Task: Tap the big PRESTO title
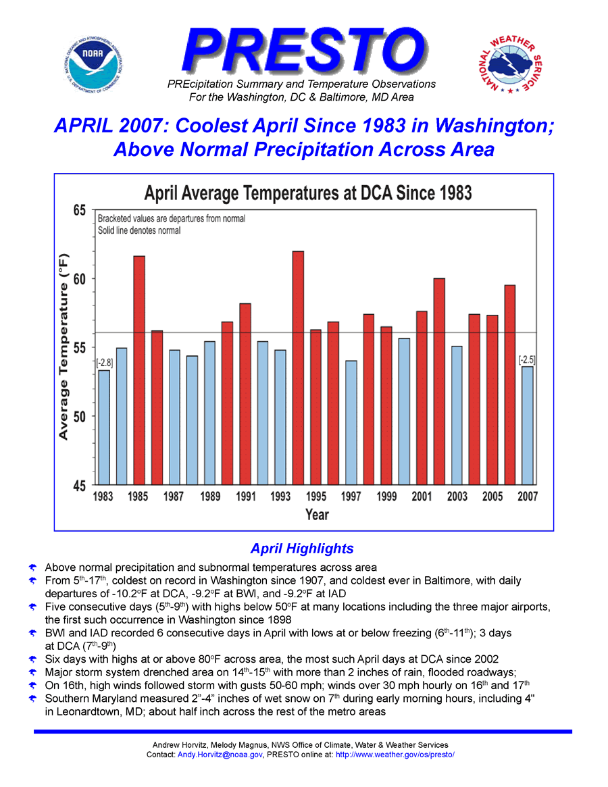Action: click(303, 49)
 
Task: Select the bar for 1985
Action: click(139, 370)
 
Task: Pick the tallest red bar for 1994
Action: click(298, 367)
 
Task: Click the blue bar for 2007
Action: click(527, 425)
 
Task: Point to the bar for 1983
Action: click(104, 427)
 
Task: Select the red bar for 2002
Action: click(439, 381)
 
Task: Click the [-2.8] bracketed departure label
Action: click(105, 363)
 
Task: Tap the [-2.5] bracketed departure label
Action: click(527, 359)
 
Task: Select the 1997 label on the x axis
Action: click(351, 497)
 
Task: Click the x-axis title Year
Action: click(317, 515)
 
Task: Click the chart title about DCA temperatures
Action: click(308, 193)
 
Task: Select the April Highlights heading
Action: click(302, 548)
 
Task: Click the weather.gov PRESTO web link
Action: click(395, 754)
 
